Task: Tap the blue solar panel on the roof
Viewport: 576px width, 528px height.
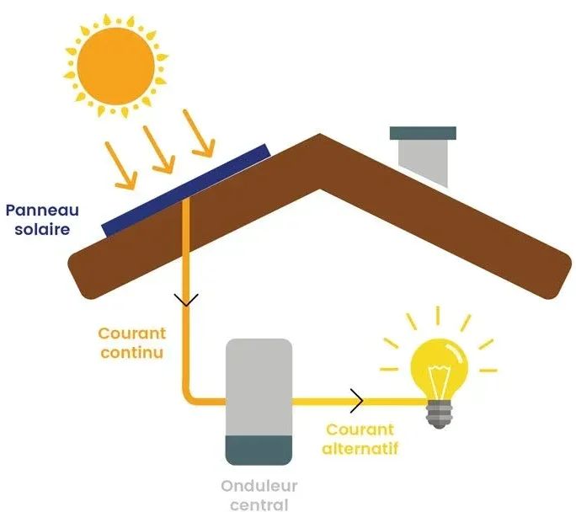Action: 186,189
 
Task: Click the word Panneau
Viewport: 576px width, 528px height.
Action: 41,211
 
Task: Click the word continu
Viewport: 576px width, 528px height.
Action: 131,352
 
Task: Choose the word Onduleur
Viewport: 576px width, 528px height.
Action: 259,486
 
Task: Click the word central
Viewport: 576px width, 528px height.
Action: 259,505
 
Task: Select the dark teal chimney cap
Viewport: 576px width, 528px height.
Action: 423,133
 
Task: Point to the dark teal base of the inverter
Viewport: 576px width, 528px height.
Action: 259,445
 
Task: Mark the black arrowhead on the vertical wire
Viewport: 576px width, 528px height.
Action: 186,299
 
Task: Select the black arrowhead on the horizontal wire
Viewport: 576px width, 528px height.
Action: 357,401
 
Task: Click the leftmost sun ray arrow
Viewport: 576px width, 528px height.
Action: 120,164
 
